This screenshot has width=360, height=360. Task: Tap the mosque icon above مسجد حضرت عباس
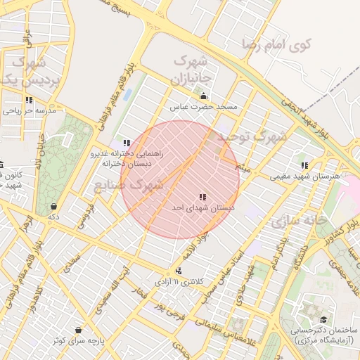pyautogui.click(x=204, y=96)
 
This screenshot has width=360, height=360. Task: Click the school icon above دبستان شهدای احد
pyautogui.click(x=202, y=198)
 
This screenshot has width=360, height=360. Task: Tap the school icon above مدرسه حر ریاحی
pyautogui.click(x=29, y=100)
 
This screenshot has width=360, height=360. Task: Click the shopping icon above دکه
pyautogui.click(x=54, y=207)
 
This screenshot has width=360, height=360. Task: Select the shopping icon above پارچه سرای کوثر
pyautogui.click(x=77, y=330)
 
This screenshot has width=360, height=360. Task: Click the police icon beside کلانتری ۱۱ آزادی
pyautogui.click(x=179, y=271)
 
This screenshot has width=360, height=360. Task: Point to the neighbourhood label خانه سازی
pyautogui.click(x=298, y=221)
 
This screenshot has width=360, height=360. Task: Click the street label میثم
pyautogui.click(x=243, y=169)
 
